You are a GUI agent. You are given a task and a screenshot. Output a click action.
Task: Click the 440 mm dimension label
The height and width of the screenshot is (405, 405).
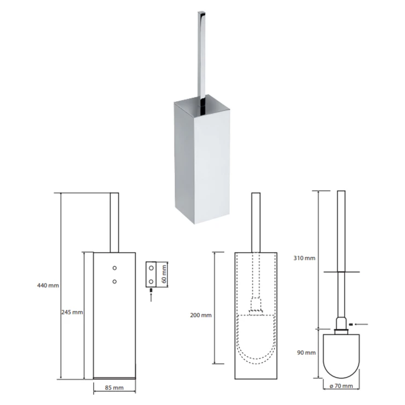pos(48,285)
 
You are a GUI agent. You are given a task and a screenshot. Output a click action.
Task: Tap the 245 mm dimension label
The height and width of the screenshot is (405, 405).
pos(72,312)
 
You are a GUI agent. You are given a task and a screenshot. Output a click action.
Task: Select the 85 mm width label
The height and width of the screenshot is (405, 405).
pos(114,387)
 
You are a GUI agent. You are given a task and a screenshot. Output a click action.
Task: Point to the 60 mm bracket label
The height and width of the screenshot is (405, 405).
pos(164,274)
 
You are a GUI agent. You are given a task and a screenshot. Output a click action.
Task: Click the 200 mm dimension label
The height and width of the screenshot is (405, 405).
pos(201,315)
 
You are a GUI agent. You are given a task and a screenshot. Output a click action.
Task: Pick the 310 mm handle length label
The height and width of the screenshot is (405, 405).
pos(304,258)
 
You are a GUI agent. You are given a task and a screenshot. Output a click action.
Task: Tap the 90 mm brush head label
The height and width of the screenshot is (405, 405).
pos(306,352)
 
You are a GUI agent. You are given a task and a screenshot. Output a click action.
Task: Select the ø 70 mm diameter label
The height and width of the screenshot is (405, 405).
pos(341,386)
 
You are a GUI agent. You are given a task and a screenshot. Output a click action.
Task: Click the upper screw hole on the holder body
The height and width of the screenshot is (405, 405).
pos(114,268)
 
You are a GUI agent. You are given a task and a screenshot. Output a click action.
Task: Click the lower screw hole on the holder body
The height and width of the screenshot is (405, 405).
pos(114,281)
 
